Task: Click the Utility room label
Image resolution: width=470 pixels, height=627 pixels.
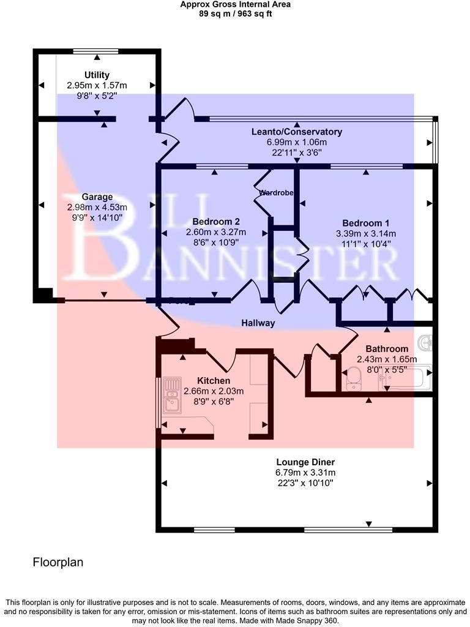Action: tap(97, 75)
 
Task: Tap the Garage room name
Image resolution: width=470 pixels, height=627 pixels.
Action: tap(97, 197)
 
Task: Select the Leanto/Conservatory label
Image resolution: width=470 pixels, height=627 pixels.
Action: tap(297, 132)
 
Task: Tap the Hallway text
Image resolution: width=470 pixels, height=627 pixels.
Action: tap(258, 323)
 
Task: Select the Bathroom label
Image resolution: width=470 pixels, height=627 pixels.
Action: tap(387, 349)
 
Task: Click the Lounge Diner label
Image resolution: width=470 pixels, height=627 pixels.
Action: tap(305, 462)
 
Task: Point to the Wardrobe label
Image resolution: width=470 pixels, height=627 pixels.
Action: tap(276, 193)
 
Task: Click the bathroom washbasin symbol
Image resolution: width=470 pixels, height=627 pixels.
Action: tap(426, 341)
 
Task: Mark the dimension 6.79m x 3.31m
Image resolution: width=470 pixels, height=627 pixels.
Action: tap(305, 473)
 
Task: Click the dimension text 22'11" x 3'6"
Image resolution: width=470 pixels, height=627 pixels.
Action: tap(297, 152)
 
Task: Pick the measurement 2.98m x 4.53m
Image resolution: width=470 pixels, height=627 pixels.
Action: tap(97, 208)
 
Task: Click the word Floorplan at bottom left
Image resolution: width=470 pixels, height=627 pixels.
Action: tap(58, 561)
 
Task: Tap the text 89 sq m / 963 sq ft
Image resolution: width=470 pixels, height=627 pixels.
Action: tap(236, 13)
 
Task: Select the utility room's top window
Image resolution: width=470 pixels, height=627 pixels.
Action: tap(98, 51)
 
